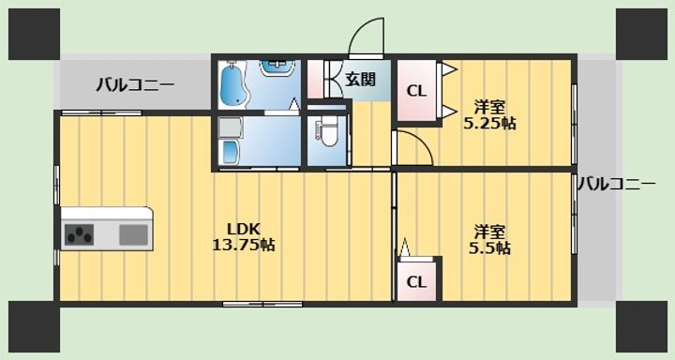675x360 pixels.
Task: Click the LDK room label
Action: [244, 228]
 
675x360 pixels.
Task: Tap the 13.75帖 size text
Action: [244, 245]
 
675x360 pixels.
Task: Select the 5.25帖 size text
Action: [489, 123]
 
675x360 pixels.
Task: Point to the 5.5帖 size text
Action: [489, 248]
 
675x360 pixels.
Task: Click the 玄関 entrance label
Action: [361, 80]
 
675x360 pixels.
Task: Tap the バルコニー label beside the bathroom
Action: [135, 84]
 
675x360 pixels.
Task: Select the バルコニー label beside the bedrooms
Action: [617, 185]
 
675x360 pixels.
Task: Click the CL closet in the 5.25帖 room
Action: [416, 91]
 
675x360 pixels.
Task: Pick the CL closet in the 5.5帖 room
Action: [416, 282]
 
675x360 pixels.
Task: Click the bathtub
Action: [232, 85]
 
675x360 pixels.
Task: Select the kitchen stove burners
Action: [79, 235]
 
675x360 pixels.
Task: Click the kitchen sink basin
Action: [133, 235]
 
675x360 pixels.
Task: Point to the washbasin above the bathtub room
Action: [277, 68]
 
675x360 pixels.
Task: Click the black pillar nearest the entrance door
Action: [641, 34]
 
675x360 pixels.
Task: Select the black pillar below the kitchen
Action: [34, 326]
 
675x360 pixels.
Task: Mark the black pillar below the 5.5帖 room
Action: [641, 326]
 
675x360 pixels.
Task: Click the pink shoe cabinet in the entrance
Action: [316, 80]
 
